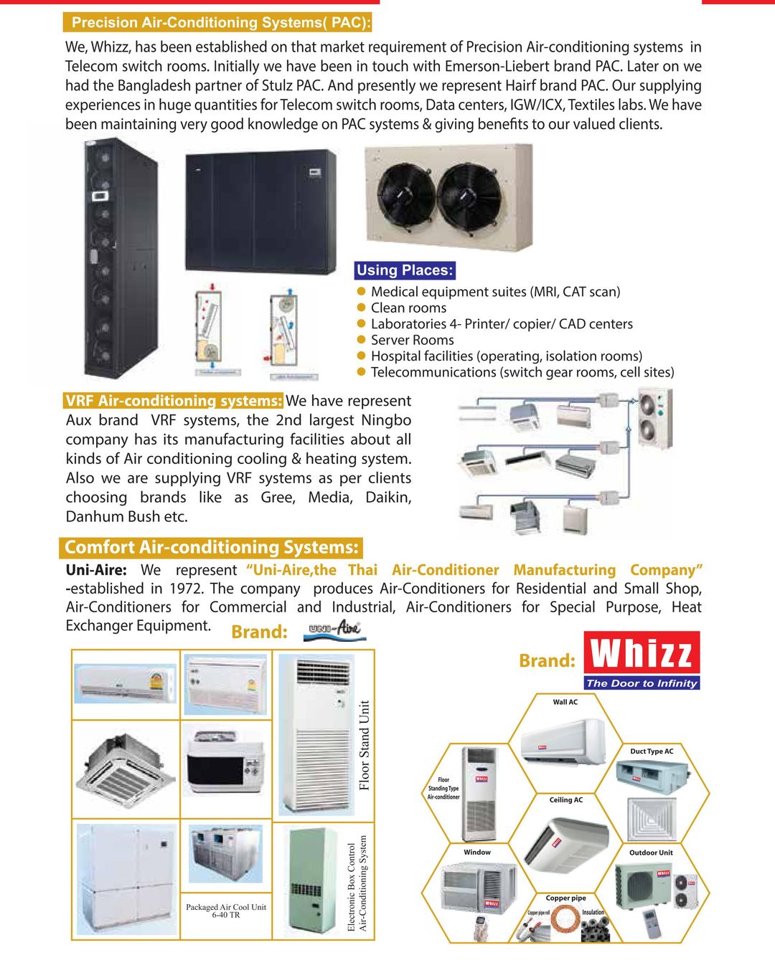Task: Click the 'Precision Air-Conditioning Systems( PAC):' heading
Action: [221, 23]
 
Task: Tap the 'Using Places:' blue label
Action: [405, 270]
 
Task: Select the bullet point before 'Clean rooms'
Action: [362, 308]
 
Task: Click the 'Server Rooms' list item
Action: [412, 340]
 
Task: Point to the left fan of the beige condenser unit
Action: [405, 194]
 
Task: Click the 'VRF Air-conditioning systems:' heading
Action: [174, 401]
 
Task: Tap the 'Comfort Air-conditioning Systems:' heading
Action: [211, 547]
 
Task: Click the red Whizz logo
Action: [642, 653]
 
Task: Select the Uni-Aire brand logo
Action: [334, 631]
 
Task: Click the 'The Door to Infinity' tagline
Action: [642, 683]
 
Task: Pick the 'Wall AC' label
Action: [565, 702]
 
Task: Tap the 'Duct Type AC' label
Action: [652, 751]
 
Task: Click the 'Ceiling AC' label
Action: [566, 799]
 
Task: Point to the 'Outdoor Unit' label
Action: [651, 853]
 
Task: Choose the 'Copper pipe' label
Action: [565, 898]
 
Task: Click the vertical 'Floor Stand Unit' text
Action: [365, 745]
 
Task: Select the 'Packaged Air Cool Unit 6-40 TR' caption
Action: [226, 911]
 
